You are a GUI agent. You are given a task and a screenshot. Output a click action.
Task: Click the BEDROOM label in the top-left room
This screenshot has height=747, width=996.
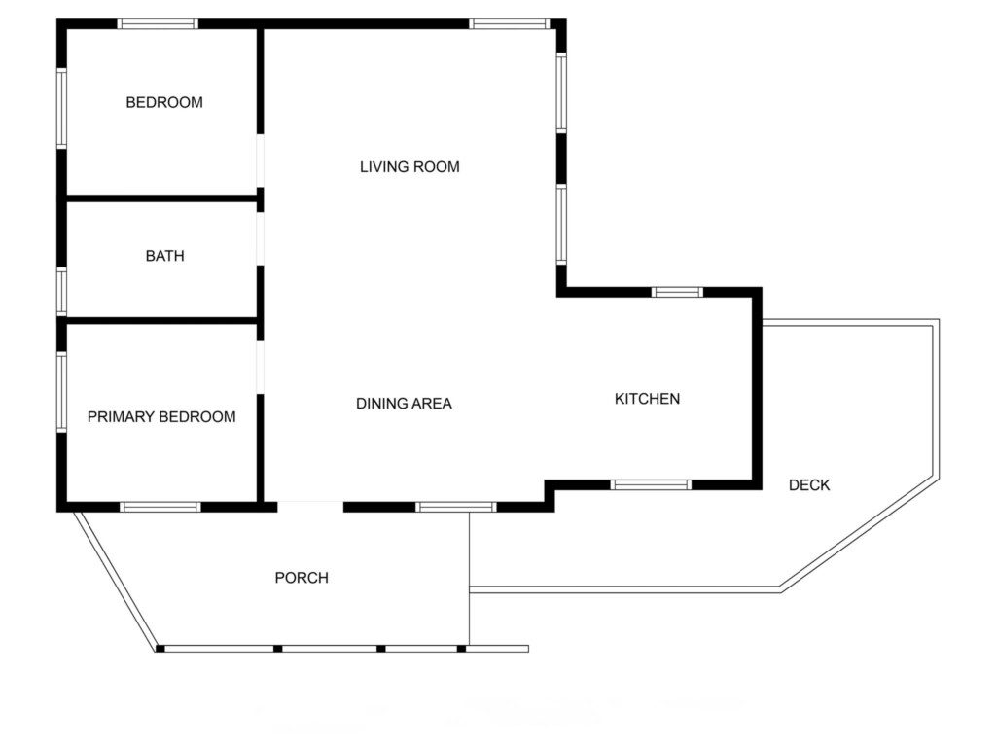[164, 102]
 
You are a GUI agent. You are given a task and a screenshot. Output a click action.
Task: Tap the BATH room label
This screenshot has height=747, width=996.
[165, 256]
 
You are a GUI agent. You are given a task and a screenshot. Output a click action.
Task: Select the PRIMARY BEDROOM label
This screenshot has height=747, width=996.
[161, 416]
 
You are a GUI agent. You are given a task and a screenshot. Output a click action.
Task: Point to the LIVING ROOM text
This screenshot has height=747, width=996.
[409, 167]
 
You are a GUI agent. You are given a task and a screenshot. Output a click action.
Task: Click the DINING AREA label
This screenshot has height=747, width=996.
[404, 404]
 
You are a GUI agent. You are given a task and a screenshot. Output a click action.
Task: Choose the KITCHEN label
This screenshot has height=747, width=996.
[647, 399]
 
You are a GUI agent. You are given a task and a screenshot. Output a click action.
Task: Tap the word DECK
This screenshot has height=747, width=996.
[809, 485]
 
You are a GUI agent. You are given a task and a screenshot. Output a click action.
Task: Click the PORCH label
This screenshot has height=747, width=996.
[302, 578]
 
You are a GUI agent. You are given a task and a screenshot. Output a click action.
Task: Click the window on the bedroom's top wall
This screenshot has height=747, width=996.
[158, 24]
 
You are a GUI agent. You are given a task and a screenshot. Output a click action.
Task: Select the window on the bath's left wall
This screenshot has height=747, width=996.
[61, 292]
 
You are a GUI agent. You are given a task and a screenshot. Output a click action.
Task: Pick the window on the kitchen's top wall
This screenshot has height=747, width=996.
[677, 292]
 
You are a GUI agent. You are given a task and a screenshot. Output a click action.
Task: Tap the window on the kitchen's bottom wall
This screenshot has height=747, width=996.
[651, 485]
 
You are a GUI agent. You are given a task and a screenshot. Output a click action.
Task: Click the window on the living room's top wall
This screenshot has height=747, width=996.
[510, 24]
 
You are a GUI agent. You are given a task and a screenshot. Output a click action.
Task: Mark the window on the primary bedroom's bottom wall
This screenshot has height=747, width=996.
[160, 507]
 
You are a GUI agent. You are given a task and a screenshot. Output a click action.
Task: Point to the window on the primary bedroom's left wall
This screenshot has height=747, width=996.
[61, 393]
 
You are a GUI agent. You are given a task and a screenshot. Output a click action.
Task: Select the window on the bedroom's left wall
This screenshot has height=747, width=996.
[61, 109]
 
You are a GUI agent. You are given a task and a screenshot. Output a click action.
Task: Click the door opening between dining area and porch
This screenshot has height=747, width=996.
[310, 507]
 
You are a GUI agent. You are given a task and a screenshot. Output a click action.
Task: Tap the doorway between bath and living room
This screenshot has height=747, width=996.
[260, 239]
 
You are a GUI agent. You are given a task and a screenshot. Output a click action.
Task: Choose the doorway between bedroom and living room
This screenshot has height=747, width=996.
[260, 160]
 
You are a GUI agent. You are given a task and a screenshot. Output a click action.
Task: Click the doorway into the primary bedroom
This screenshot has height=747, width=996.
[260, 367]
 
